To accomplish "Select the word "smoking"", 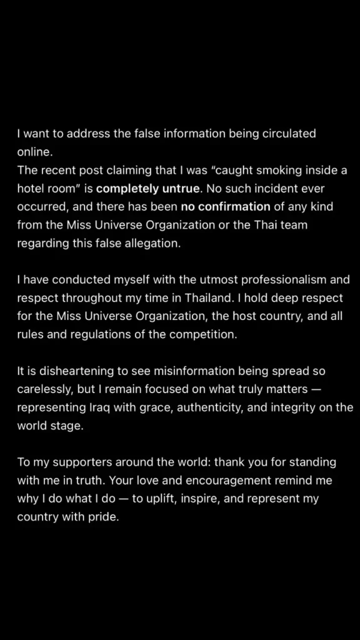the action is pos(262,170).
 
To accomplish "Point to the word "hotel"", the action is pos(31,188).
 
